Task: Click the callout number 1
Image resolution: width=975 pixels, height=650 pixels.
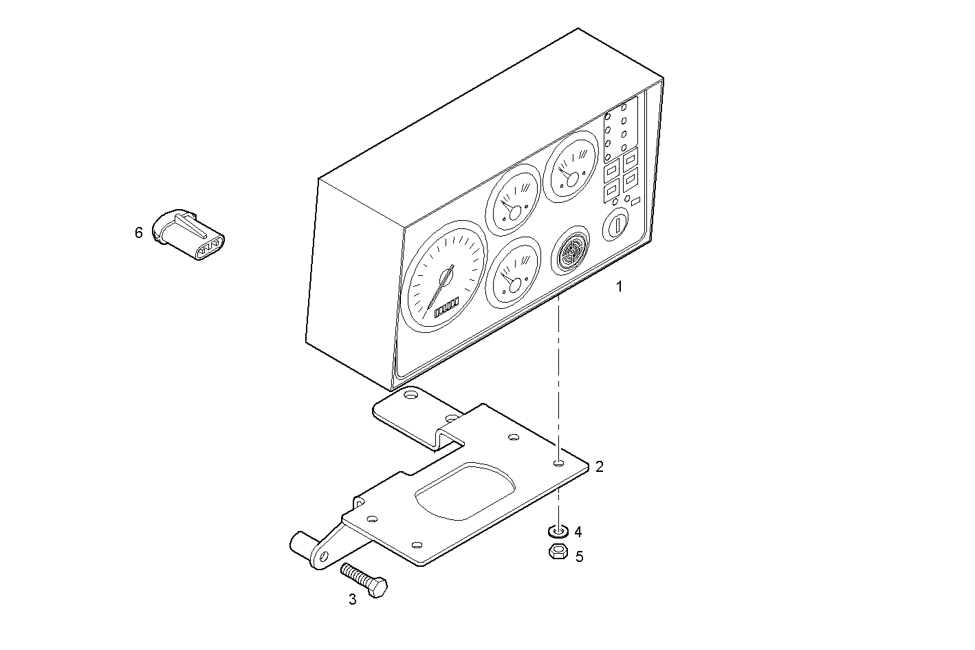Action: click(x=619, y=287)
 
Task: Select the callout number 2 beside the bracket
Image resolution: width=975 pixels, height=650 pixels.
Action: click(x=600, y=466)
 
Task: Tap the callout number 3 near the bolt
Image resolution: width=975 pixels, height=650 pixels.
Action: click(x=353, y=599)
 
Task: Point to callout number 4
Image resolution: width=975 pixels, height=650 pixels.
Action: click(x=578, y=532)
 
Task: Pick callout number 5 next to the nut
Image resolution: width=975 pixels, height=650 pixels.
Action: click(x=579, y=556)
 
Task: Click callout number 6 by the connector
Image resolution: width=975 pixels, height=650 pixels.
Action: click(x=139, y=233)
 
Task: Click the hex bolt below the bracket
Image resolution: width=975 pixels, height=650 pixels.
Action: click(x=365, y=579)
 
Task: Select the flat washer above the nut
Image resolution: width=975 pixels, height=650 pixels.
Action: click(x=558, y=531)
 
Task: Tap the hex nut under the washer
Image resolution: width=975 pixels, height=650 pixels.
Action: click(x=558, y=551)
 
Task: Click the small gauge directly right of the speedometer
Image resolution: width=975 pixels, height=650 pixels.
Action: click(x=513, y=270)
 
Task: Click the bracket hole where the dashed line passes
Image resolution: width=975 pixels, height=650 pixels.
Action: click(x=559, y=464)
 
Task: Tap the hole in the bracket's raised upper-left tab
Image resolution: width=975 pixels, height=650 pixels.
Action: click(x=410, y=396)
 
